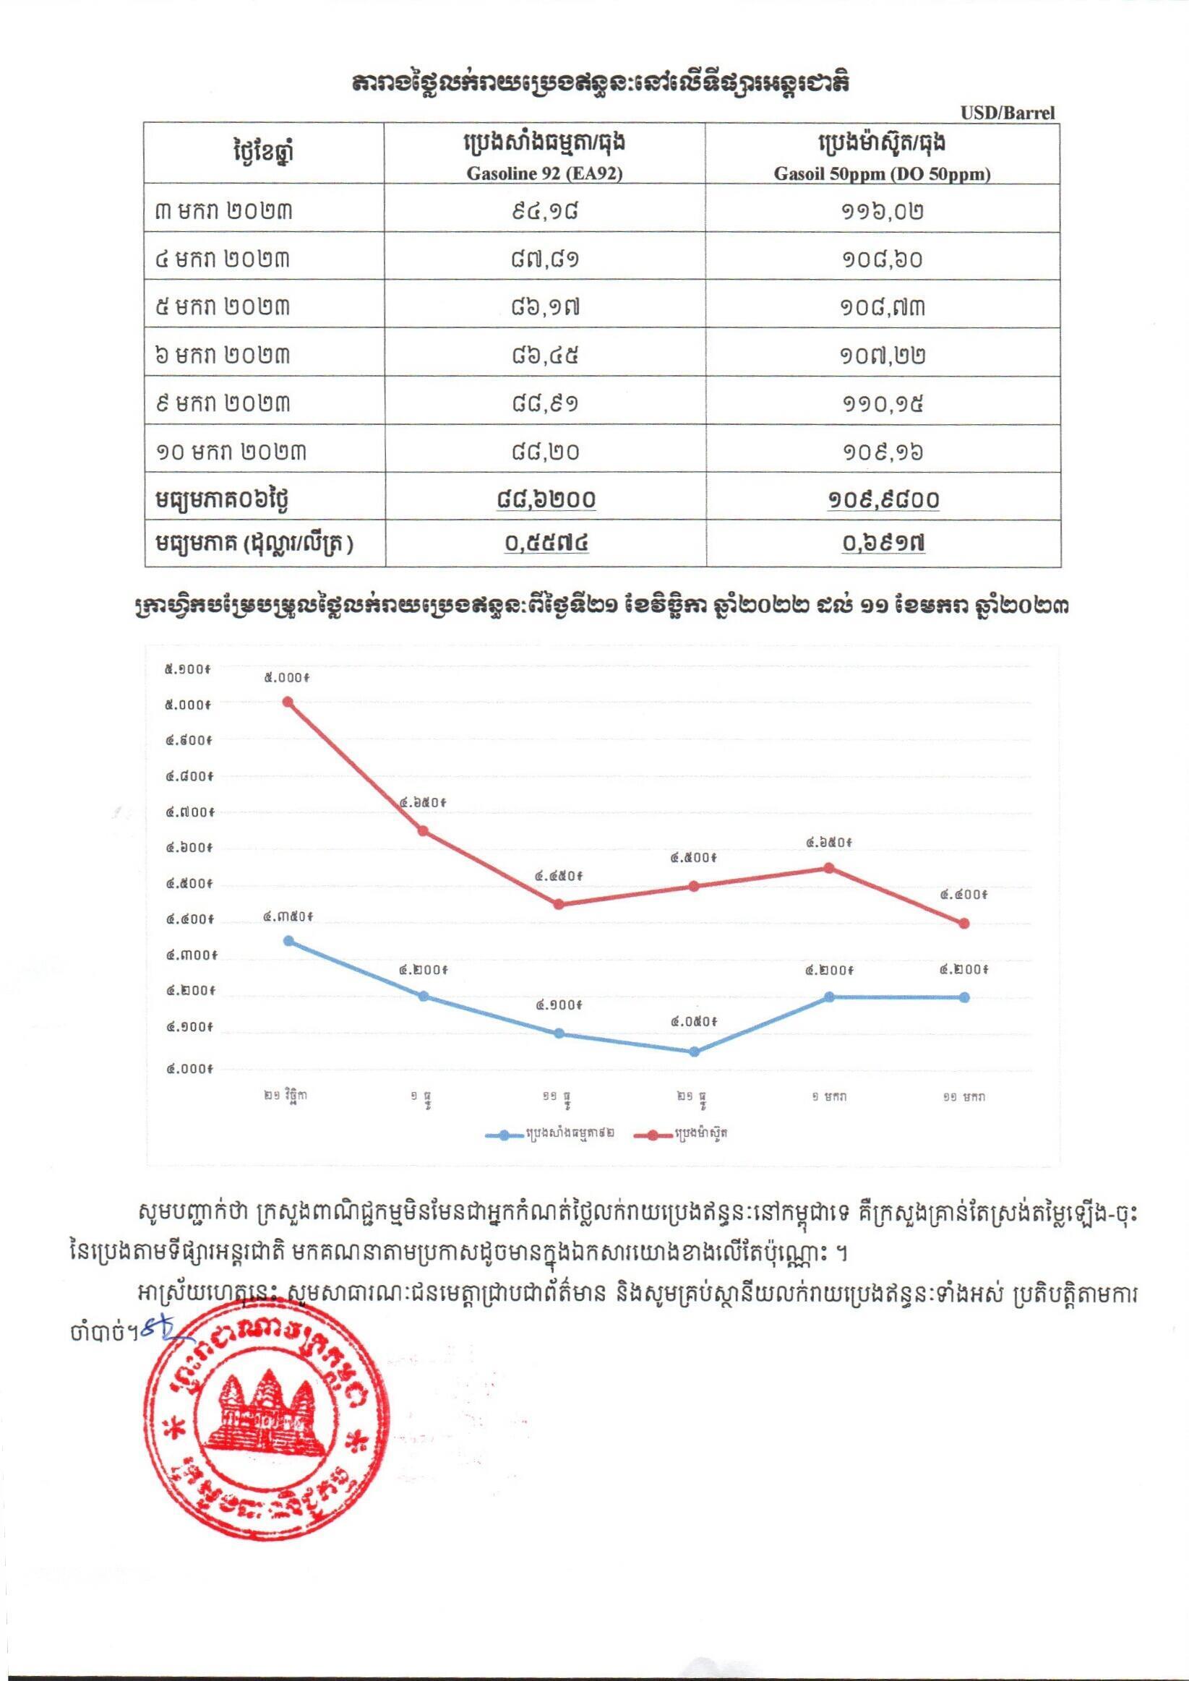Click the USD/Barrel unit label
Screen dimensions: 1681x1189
coord(1008,113)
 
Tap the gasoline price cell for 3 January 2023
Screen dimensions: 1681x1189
coord(545,210)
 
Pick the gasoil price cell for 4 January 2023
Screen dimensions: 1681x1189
coord(883,259)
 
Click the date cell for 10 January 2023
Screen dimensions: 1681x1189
coord(231,451)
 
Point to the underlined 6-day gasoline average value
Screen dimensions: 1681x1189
coord(545,499)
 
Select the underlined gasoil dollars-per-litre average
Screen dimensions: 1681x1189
coord(883,543)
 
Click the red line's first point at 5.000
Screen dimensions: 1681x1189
coord(288,702)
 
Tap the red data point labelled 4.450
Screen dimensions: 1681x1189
coord(559,903)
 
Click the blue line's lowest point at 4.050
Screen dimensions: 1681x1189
coord(694,1052)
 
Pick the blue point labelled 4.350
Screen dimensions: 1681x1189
coord(288,941)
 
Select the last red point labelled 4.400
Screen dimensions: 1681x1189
coord(964,923)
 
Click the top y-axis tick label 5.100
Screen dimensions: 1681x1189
coord(188,668)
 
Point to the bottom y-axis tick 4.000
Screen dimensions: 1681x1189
coord(188,1069)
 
